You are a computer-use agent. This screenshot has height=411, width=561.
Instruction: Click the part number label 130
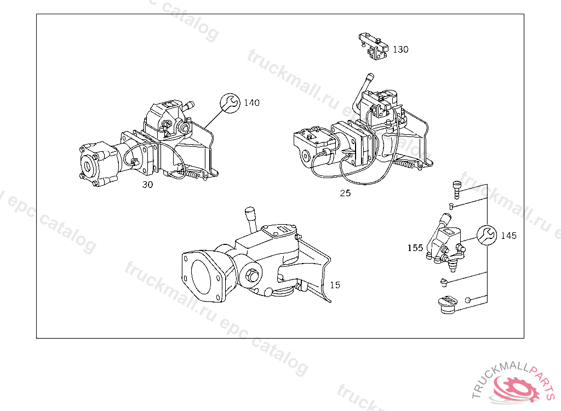coord(400,49)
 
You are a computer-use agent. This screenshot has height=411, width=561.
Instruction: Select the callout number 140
coord(251,103)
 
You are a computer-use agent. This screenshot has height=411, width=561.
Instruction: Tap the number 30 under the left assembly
coord(147,184)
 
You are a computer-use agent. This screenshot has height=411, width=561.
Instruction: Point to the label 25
coord(345,193)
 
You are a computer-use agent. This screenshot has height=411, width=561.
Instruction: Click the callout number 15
coord(335,285)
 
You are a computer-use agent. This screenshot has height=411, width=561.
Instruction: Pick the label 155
coord(415,248)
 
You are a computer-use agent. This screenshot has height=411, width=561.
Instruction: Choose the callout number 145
coord(509,236)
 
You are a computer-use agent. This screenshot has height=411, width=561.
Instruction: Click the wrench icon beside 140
coord(230,103)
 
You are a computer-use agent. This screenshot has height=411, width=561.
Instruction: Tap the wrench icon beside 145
coord(487,235)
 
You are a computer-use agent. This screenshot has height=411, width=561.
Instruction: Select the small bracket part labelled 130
coord(373,46)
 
